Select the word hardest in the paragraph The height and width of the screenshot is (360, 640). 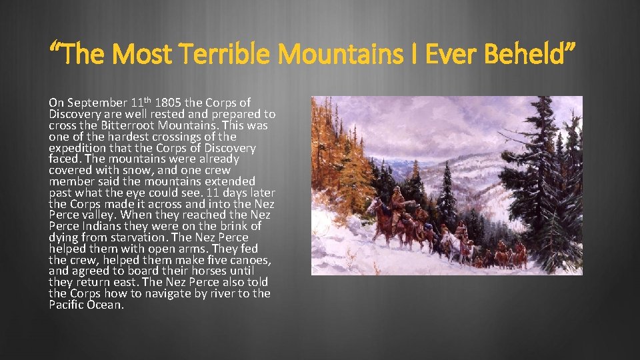[119, 137]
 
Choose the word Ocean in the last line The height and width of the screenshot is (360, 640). [107, 305]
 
